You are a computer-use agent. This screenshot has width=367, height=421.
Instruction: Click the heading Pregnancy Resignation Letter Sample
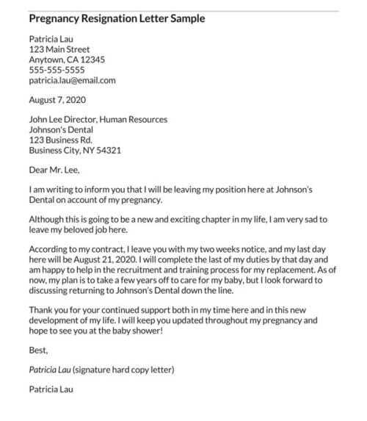click(x=117, y=18)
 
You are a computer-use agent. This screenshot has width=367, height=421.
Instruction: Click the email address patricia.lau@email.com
click(x=72, y=80)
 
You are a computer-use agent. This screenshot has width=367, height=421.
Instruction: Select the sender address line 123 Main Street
click(x=59, y=49)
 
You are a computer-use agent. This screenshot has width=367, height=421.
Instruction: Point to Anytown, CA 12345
click(x=67, y=60)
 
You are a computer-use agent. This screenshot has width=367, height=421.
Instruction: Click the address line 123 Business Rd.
click(x=60, y=140)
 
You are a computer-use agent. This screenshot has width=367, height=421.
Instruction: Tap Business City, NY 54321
click(x=75, y=150)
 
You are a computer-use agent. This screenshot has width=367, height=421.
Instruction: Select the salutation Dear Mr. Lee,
click(x=53, y=170)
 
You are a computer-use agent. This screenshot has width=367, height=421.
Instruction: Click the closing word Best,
click(x=38, y=350)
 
